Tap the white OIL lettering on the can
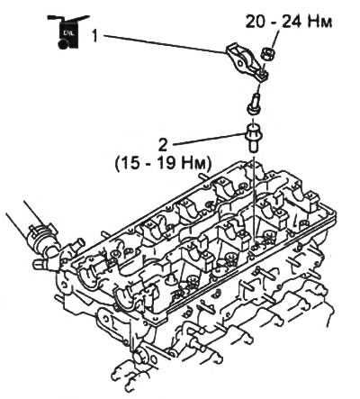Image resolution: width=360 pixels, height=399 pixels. coord(67,32)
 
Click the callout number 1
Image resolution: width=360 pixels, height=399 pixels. coord(94,36)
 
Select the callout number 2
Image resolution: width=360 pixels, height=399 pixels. coord(164,146)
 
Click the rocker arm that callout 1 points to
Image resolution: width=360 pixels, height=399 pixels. coord(247,62)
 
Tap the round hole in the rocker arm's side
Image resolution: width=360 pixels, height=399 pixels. coord(240,63)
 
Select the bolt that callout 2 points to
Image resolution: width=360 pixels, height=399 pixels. coord(254,139)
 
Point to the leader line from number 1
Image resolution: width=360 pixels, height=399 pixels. coord(165,44)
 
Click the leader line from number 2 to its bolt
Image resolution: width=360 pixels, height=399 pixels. coord(209,140)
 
